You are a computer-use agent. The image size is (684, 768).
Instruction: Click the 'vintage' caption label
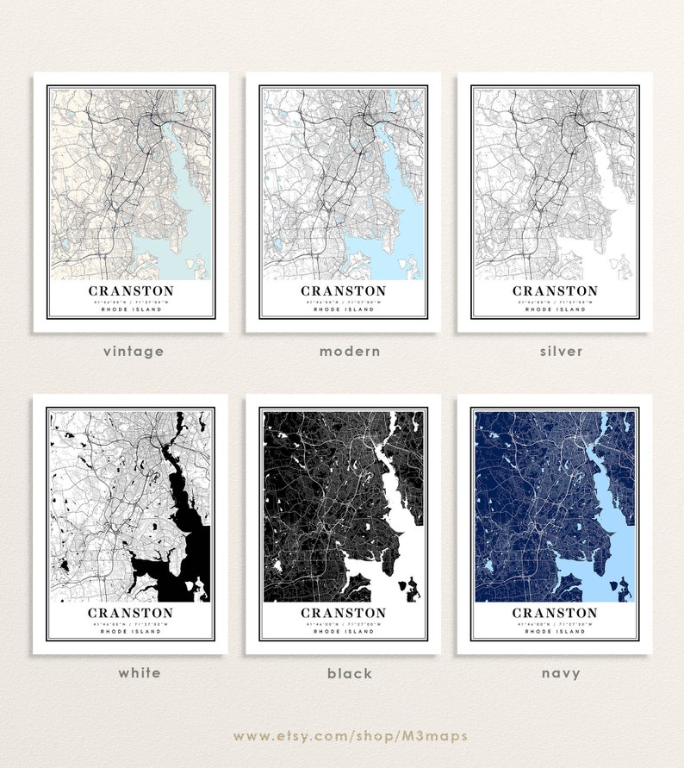[x=133, y=352]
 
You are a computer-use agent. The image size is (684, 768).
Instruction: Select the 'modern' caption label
[x=349, y=352]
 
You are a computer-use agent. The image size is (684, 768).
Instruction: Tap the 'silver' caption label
[x=561, y=352]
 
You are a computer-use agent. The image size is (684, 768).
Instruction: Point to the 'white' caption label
[x=140, y=672]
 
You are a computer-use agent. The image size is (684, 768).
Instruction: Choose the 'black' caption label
[x=349, y=673]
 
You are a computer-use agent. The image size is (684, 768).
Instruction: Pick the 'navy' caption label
[x=561, y=673]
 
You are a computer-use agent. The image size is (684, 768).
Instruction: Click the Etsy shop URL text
[x=350, y=735]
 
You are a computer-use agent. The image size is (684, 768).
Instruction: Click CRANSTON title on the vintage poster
[x=131, y=291]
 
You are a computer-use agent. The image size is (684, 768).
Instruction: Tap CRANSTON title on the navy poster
[x=555, y=613]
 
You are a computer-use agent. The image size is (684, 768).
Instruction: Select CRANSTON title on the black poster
[x=343, y=613]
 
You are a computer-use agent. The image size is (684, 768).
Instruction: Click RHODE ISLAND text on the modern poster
[x=343, y=310]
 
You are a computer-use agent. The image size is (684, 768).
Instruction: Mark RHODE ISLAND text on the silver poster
[x=555, y=310]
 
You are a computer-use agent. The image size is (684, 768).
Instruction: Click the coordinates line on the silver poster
[x=555, y=303]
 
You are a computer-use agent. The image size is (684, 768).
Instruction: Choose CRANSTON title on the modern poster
[x=343, y=291]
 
